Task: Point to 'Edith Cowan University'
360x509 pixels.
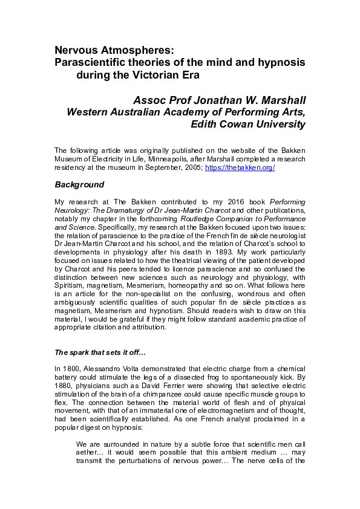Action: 247,124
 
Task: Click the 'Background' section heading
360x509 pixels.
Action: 79,184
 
